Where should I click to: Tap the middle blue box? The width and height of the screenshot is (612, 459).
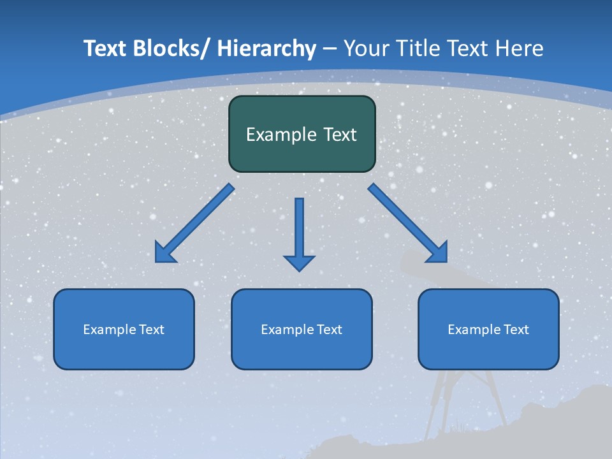point(301,352)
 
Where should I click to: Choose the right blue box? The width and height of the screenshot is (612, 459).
point(488,352)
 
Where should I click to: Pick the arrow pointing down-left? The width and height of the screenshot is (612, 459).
point(194,223)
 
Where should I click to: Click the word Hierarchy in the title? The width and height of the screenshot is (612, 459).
point(266,48)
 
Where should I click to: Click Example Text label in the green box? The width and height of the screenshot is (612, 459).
point(302,135)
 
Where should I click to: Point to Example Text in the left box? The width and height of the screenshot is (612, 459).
point(123,330)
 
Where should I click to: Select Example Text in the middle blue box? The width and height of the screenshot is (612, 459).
point(301,330)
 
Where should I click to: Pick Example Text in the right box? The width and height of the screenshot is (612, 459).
point(488,330)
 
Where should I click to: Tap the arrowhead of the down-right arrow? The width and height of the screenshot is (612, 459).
point(439,254)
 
